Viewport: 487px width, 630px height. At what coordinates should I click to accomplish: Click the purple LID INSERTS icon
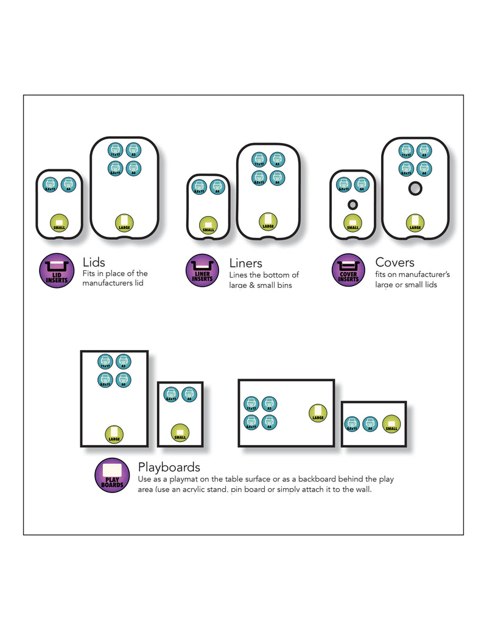(x=57, y=271)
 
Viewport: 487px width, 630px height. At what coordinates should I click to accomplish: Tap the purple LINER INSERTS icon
(x=202, y=271)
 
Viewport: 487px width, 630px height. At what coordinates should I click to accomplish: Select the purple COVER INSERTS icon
(x=348, y=271)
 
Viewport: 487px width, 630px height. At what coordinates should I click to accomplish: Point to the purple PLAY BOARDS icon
(x=112, y=475)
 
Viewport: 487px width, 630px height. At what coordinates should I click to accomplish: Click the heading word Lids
(x=94, y=262)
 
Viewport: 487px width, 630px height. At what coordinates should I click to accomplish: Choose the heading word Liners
(x=245, y=263)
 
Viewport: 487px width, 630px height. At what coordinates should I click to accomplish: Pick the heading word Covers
(x=394, y=262)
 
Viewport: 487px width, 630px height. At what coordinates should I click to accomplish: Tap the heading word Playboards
(x=169, y=467)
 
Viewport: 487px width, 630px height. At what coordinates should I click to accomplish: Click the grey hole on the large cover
(x=415, y=189)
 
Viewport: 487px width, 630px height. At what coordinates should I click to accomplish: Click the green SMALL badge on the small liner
(x=208, y=226)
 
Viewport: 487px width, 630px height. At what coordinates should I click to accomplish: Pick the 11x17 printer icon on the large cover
(x=406, y=150)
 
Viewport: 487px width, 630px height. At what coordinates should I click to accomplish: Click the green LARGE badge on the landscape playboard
(x=318, y=413)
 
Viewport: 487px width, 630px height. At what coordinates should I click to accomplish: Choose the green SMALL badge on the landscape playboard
(x=391, y=424)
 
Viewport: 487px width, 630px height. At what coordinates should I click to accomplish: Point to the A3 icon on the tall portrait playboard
(x=123, y=362)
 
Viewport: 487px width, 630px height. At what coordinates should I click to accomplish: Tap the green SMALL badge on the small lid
(x=59, y=223)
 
